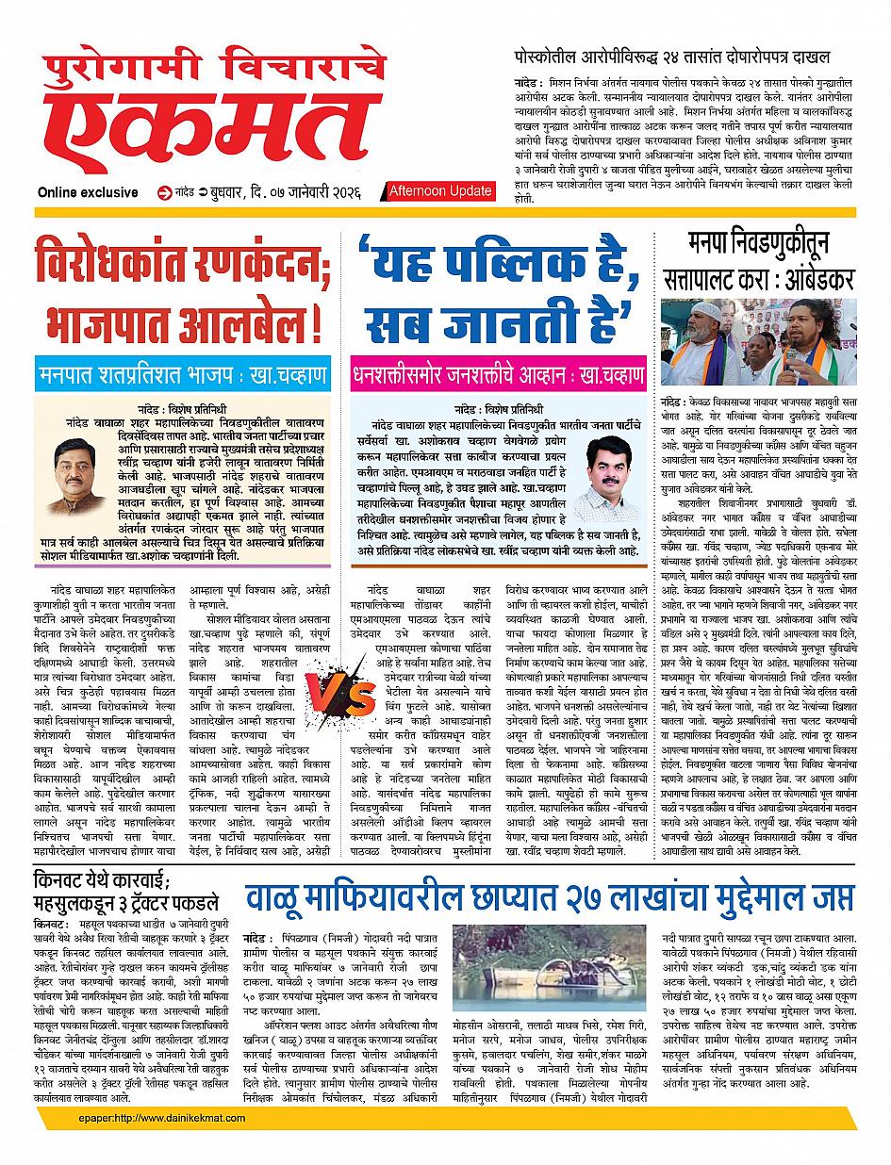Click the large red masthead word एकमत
[217, 132]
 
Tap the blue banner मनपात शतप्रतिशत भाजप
[181, 373]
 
